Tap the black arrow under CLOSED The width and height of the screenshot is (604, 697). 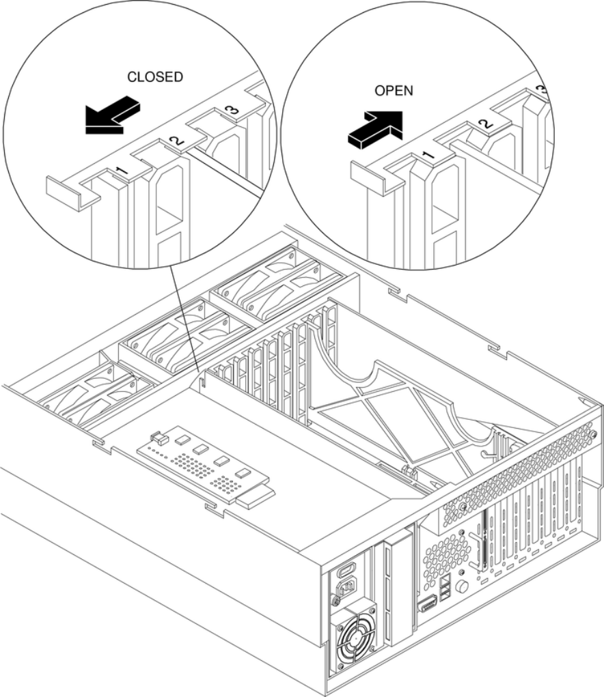click(112, 113)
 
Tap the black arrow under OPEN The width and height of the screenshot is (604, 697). click(375, 128)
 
